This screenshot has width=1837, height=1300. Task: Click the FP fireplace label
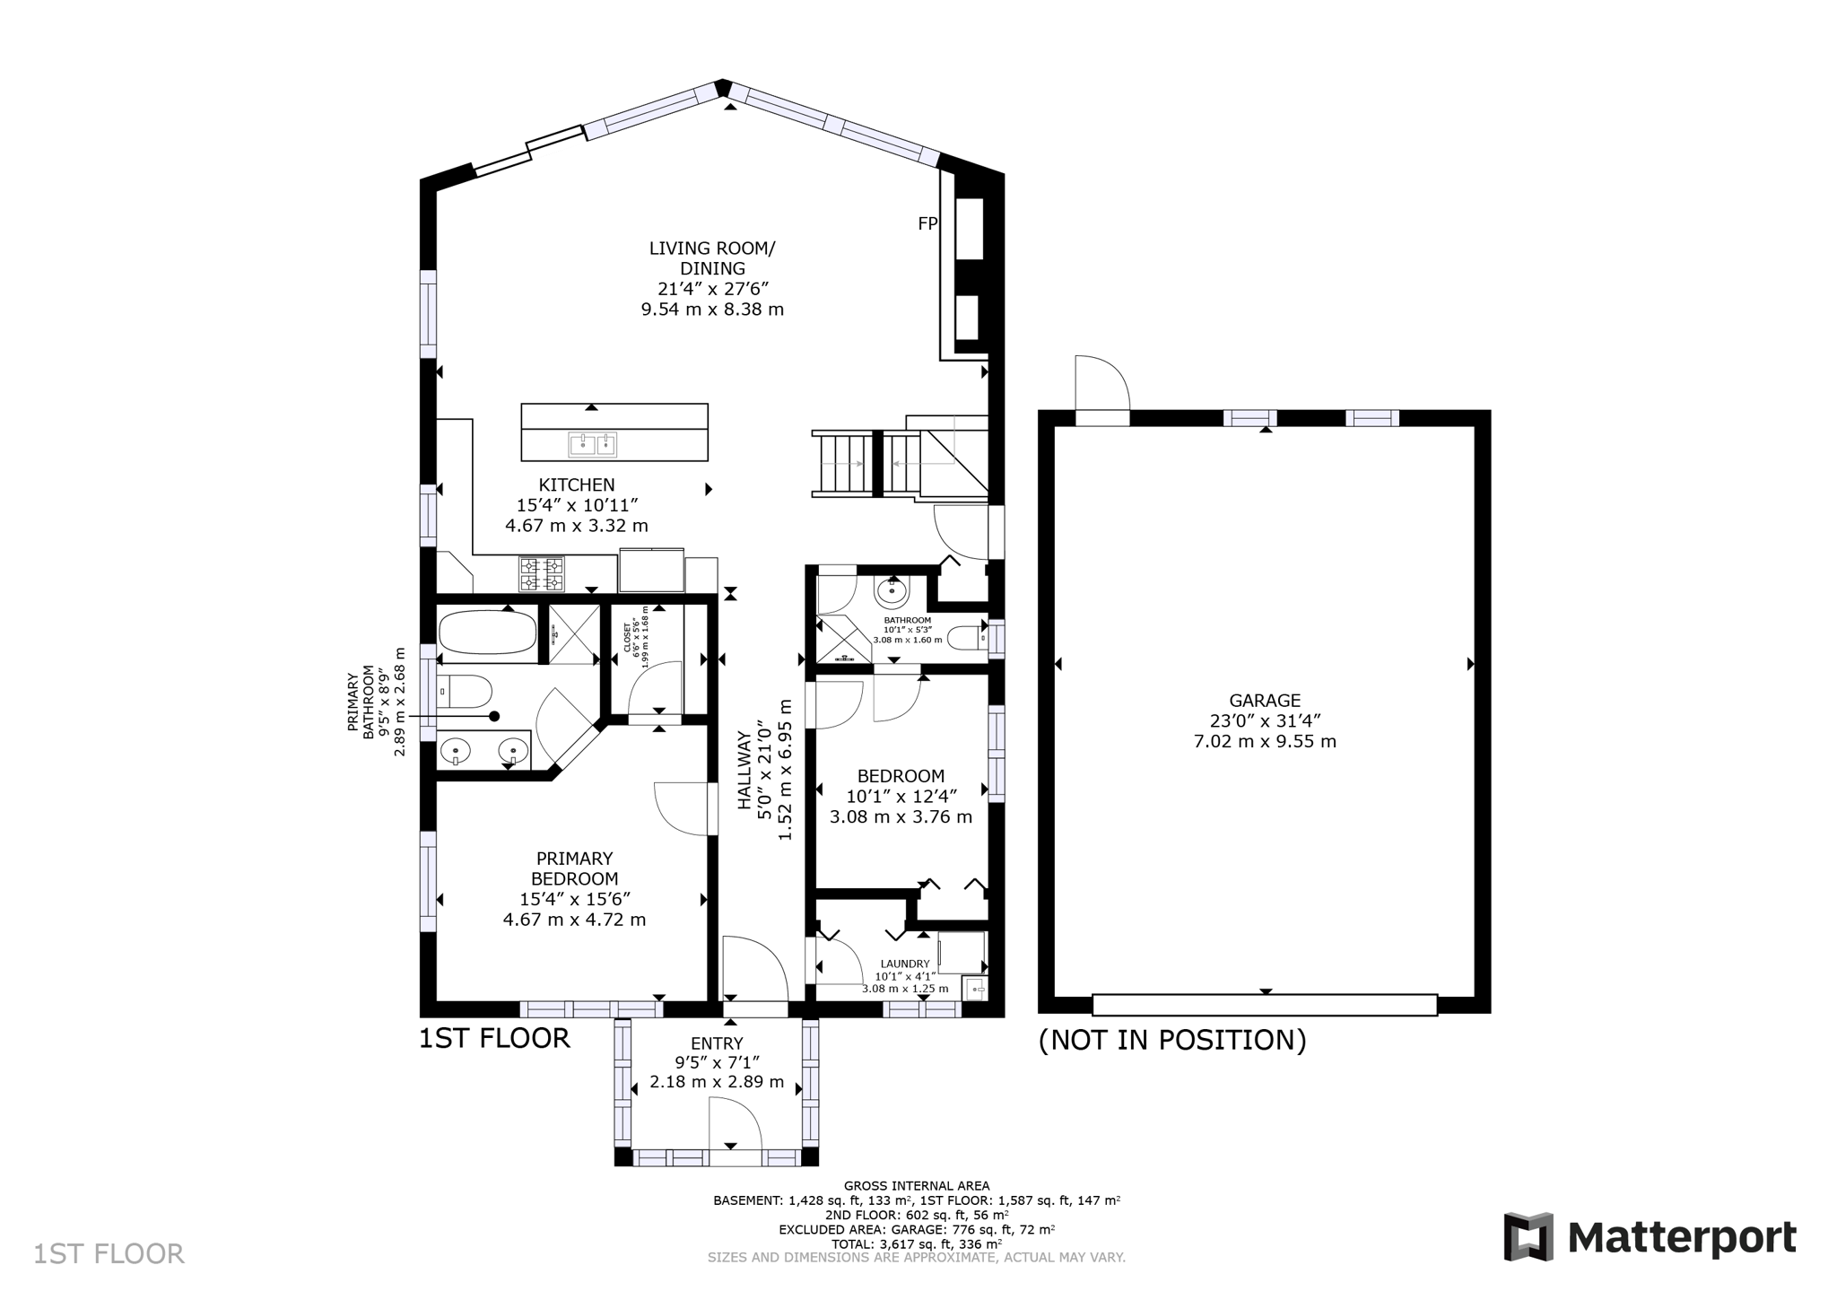coord(927,224)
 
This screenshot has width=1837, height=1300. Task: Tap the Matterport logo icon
coord(1528,1237)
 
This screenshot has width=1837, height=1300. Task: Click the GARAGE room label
coord(1265,701)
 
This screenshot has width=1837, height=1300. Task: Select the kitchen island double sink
coord(594,442)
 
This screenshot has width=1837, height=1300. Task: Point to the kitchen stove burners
coord(542,574)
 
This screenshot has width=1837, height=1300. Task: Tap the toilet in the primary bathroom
coord(465,692)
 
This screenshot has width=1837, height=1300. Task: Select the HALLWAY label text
coord(744,771)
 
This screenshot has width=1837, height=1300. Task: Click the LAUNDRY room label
coord(905,964)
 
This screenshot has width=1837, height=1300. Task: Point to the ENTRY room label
coord(717,1043)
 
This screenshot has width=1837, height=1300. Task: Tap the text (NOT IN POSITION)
coord(1171,1040)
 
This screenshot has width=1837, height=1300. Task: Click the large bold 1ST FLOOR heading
coord(494,1038)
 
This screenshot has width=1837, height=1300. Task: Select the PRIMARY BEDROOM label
coord(574,868)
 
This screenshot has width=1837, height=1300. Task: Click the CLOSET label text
coord(627,636)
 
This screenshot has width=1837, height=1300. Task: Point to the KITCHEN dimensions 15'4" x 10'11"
coord(577,505)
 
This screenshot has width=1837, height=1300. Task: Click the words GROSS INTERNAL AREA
coord(916,1186)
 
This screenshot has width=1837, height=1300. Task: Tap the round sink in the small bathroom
coord(891,591)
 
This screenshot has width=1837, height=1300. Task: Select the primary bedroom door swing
coord(682,809)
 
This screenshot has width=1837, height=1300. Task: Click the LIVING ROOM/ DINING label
coord(712,258)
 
